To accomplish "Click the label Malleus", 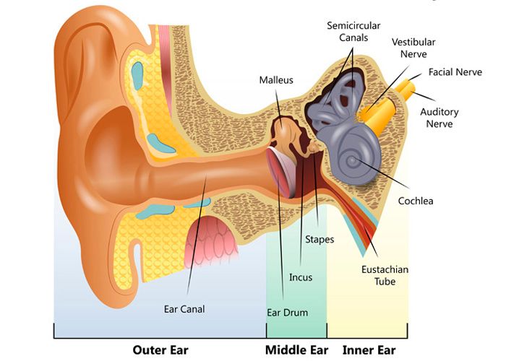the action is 276,80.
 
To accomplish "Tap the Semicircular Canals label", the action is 353,32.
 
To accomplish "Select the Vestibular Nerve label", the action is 413,48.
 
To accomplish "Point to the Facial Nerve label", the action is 455,72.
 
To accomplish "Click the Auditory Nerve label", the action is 439,118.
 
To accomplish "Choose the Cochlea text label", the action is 416,201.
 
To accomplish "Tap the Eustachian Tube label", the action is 385,275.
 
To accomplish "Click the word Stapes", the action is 320,240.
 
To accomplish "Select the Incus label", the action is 301,277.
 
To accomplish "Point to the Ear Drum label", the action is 287,313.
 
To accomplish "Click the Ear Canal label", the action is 184,309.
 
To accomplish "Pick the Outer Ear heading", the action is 160,350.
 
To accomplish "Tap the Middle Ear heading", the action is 296,350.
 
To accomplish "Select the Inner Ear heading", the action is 369,350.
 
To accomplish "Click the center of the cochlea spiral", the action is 353,160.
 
